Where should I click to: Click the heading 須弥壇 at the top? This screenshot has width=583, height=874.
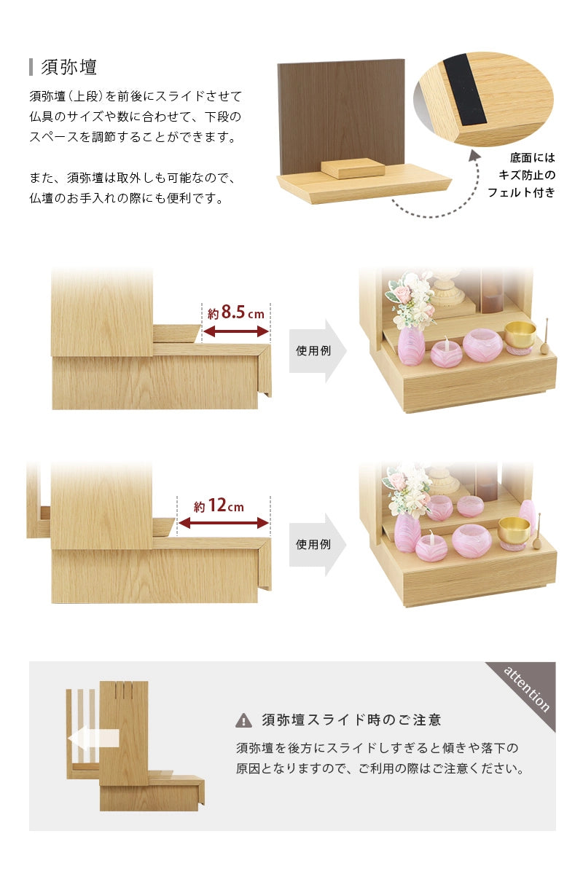[69, 68]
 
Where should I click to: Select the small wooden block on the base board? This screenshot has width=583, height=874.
[353, 168]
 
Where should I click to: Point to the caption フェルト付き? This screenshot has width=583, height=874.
[521, 193]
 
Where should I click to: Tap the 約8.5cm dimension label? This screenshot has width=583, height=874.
[235, 313]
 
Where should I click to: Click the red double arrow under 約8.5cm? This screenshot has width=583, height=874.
[235, 331]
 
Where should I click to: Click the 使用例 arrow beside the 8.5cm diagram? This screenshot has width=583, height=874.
[317, 350]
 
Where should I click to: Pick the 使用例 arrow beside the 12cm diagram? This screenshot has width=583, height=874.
[317, 544]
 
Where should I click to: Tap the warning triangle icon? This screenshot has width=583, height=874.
[243, 720]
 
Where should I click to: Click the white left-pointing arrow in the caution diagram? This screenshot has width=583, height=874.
[93, 739]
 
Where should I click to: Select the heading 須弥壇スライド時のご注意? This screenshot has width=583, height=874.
[351, 720]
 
